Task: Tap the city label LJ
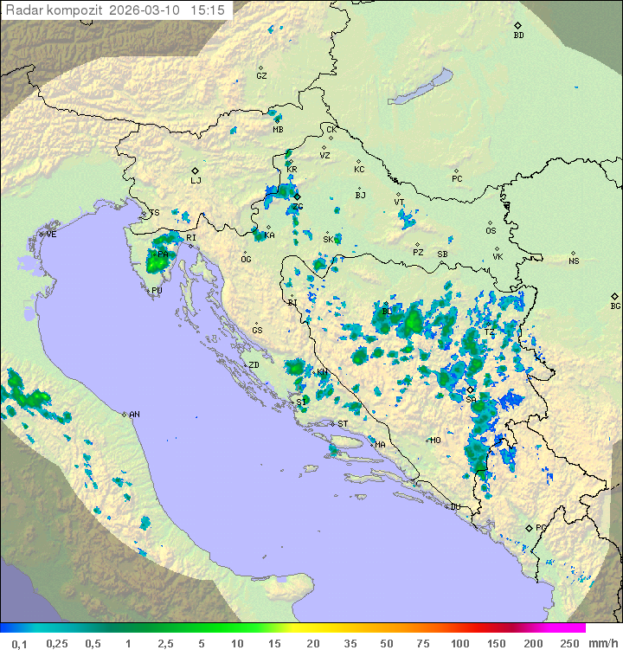pos(196,181)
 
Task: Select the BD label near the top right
pos(518,35)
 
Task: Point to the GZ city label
pos(261,76)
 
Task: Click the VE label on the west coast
pos(51,235)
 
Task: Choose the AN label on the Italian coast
pos(134,415)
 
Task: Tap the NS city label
pos(574,261)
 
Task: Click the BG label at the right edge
pos(615,306)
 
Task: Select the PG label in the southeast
pos(541,527)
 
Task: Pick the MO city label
pos(435,441)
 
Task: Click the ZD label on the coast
pos(254,365)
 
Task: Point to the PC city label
pos(457,179)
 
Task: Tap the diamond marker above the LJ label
pos(196,171)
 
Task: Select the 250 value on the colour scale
pos(569,643)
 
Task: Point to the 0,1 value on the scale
pos(19,643)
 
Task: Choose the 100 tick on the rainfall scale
pos(459,643)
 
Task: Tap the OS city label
pos(491,231)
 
